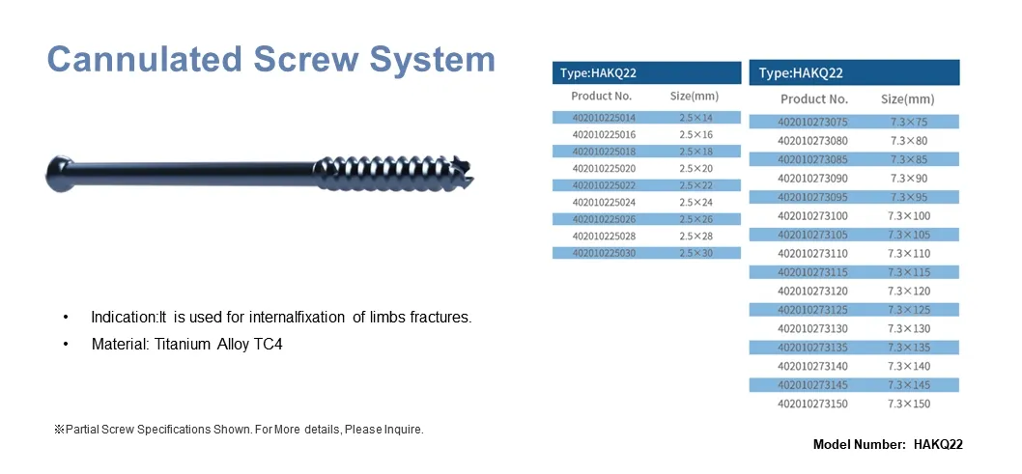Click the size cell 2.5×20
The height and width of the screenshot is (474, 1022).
(696, 168)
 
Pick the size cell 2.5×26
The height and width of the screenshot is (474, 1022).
(696, 219)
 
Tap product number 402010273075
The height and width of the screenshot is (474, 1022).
(812, 122)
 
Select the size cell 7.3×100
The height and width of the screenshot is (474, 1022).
(908, 216)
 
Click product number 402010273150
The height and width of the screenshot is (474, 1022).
(812, 404)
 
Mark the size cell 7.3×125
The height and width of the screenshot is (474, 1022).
(908, 310)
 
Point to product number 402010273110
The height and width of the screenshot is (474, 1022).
(812, 253)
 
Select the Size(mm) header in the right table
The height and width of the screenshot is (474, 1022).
(907, 98)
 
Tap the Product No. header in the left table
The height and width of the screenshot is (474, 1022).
(601, 96)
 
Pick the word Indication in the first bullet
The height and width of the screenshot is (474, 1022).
(117, 318)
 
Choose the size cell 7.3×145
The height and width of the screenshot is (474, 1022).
(908, 385)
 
